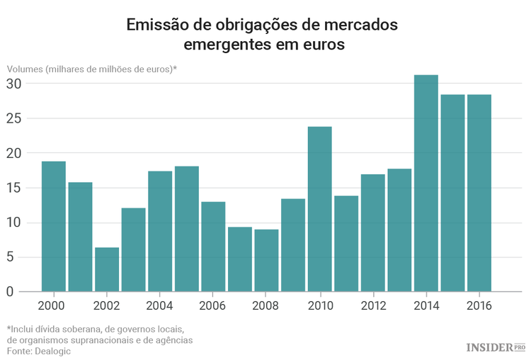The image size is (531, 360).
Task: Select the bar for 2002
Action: click(x=107, y=269)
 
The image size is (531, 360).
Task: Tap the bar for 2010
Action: click(x=319, y=209)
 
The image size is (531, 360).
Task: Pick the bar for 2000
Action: click(x=54, y=226)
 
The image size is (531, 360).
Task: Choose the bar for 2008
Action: click(x=266, y=260)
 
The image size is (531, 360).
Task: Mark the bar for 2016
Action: click(x=479, y=193)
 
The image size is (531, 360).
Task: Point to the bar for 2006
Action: click(x=213, y=247)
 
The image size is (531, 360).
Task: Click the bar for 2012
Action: click(x=372, y=232)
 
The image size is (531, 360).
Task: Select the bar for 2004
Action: click(x=160, y=231)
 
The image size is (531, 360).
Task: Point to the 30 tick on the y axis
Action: click(x=14, y=84)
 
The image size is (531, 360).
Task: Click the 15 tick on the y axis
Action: click(x=14, y=188)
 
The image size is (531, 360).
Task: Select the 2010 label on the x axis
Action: click(x=319, y=306)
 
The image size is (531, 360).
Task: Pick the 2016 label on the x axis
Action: click(x=479, y=306)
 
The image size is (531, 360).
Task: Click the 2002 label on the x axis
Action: click(x=107, y=306)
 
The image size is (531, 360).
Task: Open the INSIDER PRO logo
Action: click(x=496, y=347)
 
